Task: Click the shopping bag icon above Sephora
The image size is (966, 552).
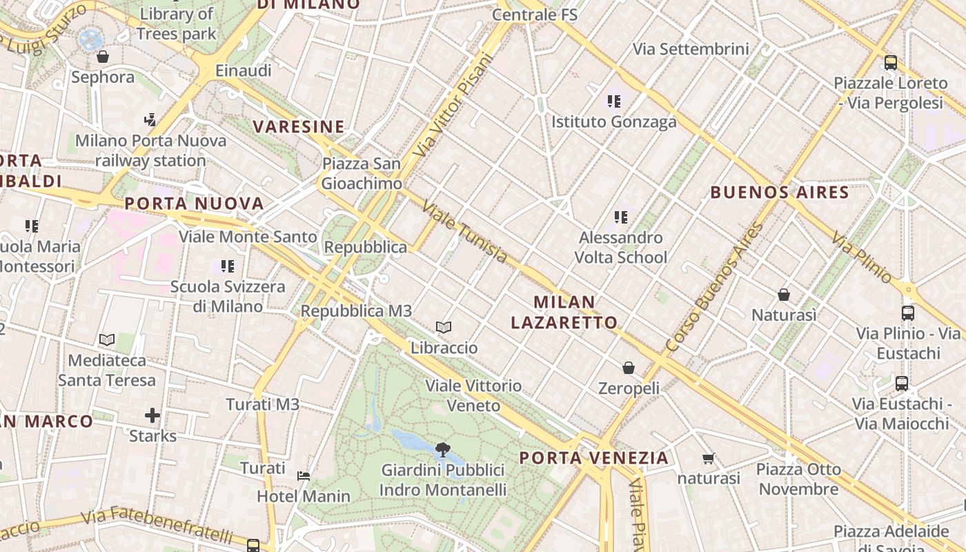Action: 103,57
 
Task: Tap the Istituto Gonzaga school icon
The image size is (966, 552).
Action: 614,102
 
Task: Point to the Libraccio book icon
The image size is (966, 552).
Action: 444,327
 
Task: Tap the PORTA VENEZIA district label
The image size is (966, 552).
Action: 594,457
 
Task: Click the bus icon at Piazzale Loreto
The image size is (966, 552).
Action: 890,63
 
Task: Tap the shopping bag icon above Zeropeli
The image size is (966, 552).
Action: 628,368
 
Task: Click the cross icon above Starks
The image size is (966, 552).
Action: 152,415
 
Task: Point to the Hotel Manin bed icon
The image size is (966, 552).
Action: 303,475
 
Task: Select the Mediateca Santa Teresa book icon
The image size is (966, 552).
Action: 106,339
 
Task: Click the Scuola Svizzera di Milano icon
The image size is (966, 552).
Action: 227,266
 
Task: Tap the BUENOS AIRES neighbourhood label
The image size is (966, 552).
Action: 780,193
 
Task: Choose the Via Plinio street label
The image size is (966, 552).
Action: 862,257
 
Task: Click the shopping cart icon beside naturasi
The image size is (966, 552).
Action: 708,458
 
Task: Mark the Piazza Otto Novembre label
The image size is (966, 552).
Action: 798,480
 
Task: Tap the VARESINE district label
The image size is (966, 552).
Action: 299,127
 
